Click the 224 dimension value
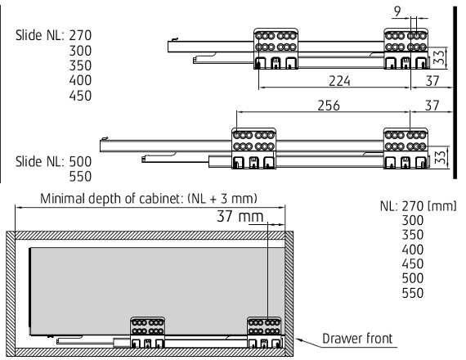[x=339, y=81]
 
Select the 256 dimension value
[x=329, y=106]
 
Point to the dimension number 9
[x=397, y=11]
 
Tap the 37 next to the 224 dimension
[x=432, y=81]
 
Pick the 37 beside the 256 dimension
[x=432, y=106]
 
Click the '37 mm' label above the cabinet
[x=240, y=216]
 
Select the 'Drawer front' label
[x=357, y=339]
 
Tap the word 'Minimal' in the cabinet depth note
[x=62, y=199]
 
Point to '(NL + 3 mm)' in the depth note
[x=222, y=199]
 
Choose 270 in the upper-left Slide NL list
[x=80, y=35]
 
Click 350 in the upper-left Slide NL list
[x=80, y=65]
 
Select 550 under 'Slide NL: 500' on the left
[x=80, y=177]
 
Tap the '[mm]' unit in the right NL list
[x=441, y=206]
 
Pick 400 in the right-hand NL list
[x=413, y=250]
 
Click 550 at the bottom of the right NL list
[x=413, y=293]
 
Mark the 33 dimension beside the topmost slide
[x=439, y=57]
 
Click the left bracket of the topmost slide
[x=276, y=49]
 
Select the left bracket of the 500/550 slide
[x=253, y=148]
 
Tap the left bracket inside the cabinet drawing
[x=148, y=332]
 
